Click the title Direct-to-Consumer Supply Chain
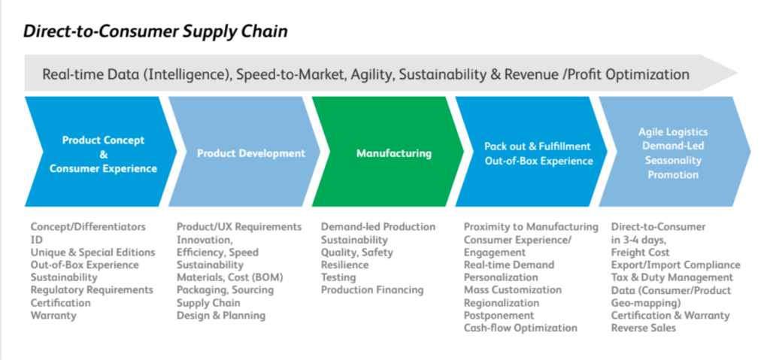[x=155, y=32]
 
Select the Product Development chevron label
[x=251, y=153]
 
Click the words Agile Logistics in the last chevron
[x=673, y=132]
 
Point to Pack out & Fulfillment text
[x=537, y=147]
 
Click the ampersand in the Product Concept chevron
[x=104, y=155]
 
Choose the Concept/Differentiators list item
[x=88, y=227]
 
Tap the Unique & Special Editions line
[x=92, y=253]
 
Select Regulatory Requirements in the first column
[x=92, y=290]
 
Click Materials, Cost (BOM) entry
[x=230, y=277]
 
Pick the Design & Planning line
[x=221, y=316]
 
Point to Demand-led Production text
[x=378, y=227]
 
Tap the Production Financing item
[x=372, y=290]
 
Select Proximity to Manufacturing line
[x=532, y=227]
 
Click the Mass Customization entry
[x=513, y=290]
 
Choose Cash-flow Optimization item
[x=520, y=328]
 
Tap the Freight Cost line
[x=641, y=253]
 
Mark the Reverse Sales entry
[x=644, y=328]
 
